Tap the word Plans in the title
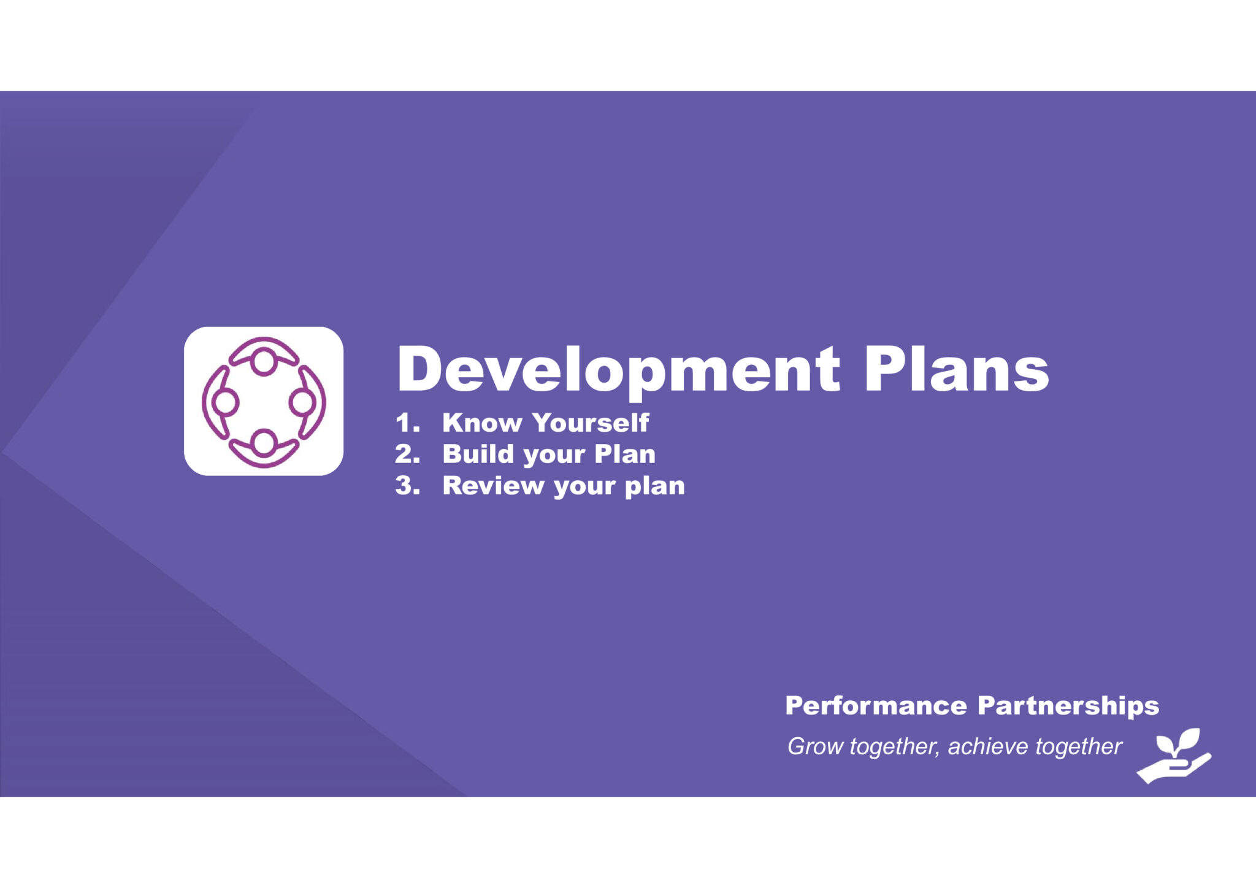coord(957,369)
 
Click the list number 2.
coord(407,454)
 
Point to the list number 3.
coord(407,485)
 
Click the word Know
coord(482,423)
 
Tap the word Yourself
coord(591,423)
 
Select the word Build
coord(478,454)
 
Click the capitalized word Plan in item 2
coord(625,454)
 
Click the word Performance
coord(876,705)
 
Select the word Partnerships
coord(1068,706)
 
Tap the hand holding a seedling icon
coord(1174,757)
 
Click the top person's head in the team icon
coord(264,362)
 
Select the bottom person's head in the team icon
coord(264,442)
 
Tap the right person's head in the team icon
coord(302,402)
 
